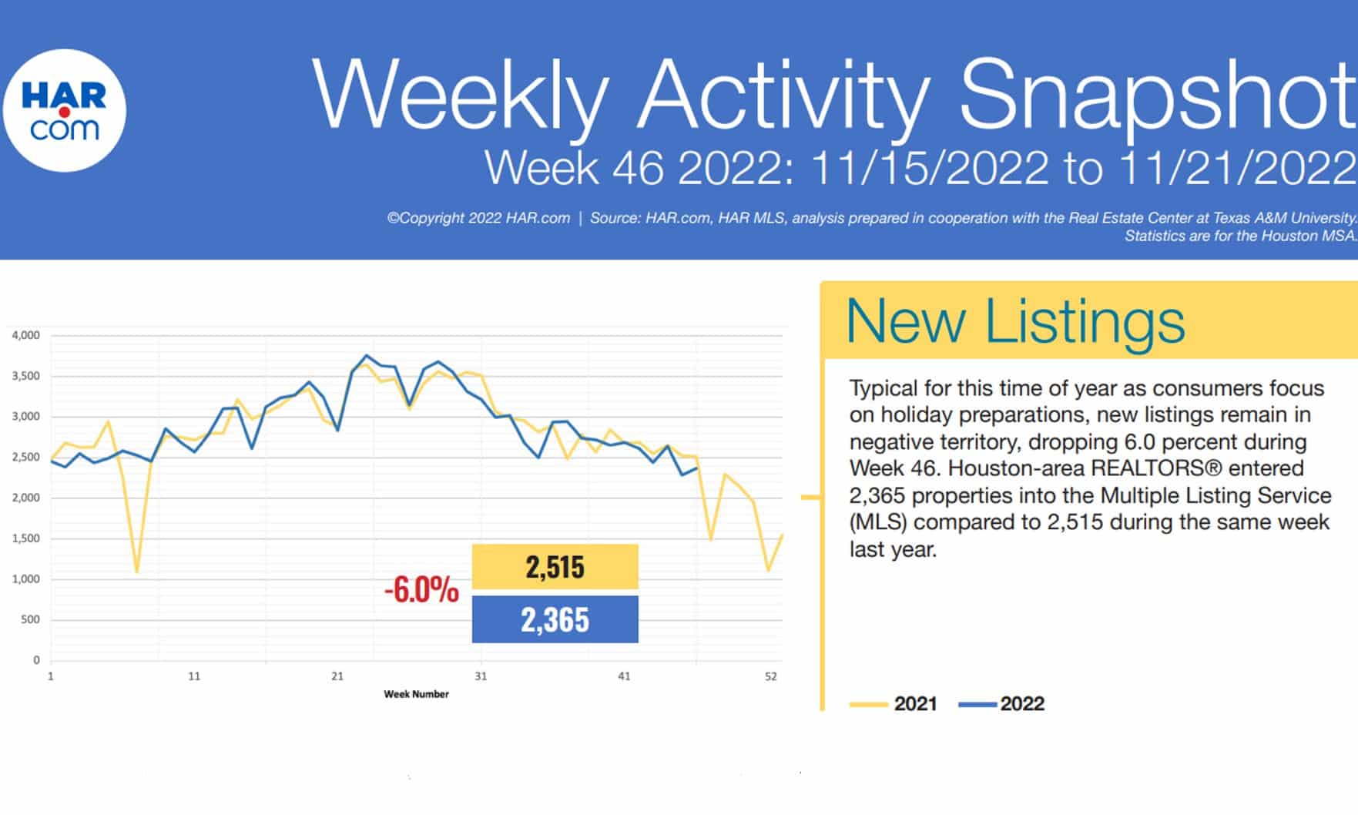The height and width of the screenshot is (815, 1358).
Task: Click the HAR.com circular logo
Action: [x=65, y=111]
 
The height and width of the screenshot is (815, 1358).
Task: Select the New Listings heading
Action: [x=1015, y=321]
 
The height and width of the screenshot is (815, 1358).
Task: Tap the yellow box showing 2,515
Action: [x=555, y=567]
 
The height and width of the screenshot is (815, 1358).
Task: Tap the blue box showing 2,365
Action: [x=555, y=619]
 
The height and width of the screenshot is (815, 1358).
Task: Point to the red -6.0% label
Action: [x=421, y=591]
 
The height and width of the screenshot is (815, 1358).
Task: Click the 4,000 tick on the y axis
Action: [x=25, y=336]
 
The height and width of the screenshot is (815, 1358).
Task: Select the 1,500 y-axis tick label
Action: [x=25, y=538]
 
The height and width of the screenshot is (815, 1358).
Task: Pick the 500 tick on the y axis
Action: [x=30, y=619]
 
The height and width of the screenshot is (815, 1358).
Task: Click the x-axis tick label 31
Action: [x=481, y=676]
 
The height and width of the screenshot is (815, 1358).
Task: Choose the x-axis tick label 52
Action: [x=771, y=676]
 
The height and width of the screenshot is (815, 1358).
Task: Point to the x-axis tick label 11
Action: [x=194, y=676]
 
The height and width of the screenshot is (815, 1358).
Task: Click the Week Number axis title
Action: [x=416, y=694]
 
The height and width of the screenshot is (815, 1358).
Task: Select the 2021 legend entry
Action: [x=894, y=704]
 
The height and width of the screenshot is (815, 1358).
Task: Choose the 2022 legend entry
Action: [x=1001, y=704]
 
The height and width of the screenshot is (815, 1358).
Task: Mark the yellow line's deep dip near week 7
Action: [x=136, y=572]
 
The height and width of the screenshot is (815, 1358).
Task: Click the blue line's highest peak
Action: [x=366, y=356]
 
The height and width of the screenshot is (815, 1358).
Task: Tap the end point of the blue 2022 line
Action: [x=697, y=468]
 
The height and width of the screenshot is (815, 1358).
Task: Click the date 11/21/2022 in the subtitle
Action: [x=1236, y=168]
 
